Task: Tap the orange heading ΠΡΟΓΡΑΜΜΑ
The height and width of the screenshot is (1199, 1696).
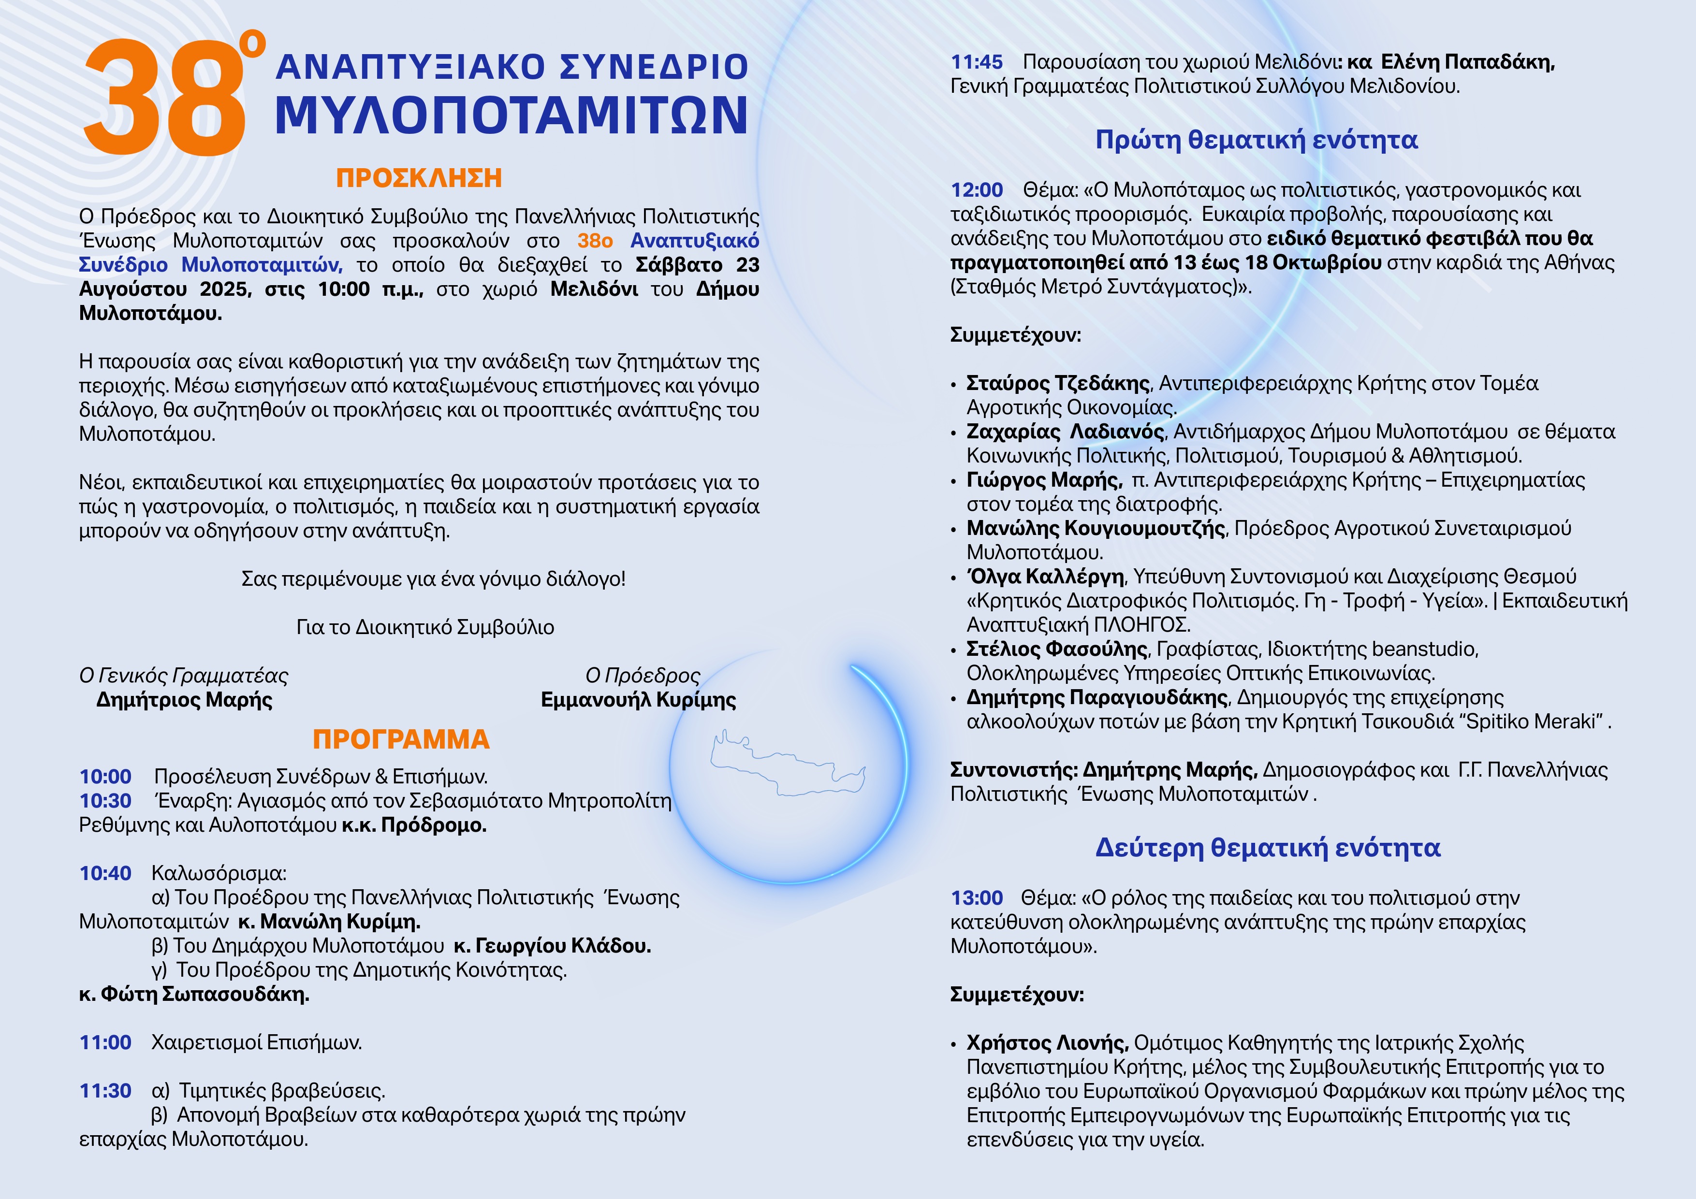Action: coord(401,739)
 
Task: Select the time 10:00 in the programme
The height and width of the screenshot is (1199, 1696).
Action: coord(105,777)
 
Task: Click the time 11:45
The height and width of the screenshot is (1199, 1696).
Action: coord(977,62)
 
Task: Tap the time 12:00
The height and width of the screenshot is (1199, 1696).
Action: coord(977,190)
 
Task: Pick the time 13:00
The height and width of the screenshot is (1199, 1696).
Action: coord(977,898)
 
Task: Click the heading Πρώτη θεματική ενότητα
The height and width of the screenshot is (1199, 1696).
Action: coord(1257,140)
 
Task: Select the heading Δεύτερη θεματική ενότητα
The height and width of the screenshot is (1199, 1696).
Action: coord(1268,848)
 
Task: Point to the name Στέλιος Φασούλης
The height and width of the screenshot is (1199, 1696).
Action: coord(1056,649)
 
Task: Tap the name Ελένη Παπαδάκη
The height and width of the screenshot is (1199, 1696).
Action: coord(1468,62)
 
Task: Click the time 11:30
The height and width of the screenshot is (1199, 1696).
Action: coord(105,1090)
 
